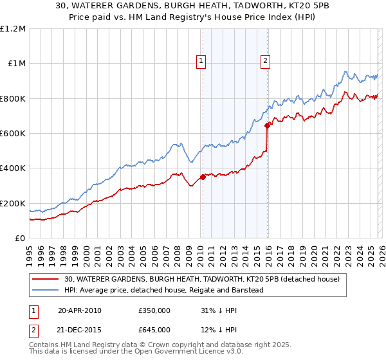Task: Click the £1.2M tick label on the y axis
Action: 13,28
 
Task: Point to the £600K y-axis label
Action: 13,133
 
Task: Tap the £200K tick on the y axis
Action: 13,203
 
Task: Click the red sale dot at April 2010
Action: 203,177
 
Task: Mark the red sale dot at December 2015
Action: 266,125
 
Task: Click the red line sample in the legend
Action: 46,279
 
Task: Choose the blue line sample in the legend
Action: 46,290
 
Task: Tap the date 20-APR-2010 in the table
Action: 80,310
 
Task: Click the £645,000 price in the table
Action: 154,329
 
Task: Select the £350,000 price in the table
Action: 154,310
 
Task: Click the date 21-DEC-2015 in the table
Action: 80,329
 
